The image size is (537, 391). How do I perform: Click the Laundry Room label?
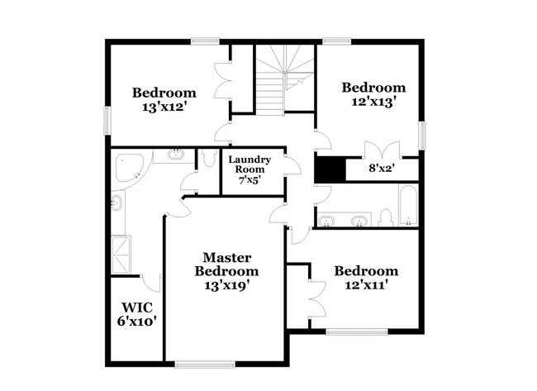point(249,169)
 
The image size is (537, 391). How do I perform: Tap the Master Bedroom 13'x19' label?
point(226,271)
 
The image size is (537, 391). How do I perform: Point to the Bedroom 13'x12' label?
point(164,99)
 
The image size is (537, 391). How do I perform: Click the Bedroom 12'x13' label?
point(373,94)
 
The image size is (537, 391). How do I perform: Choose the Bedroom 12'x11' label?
point(365,278)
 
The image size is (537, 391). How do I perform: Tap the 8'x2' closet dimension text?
point(381,168)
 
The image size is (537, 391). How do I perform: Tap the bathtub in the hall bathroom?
point(408,205)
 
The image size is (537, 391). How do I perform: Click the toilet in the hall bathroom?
point(385,217)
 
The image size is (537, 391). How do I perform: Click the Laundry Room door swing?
point(292,167)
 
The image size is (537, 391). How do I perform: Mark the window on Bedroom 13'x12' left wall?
point(106,119)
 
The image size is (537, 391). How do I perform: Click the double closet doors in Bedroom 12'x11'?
point(314,298)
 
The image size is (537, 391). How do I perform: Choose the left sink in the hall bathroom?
point(328,221)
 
